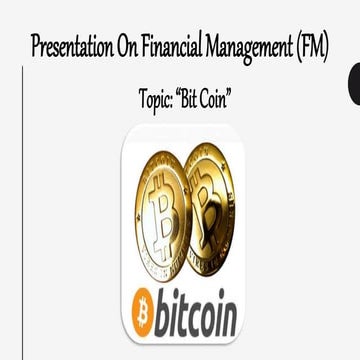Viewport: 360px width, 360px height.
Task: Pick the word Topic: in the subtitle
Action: click(159, 100)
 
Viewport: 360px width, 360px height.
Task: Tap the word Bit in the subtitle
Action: click(196, 100)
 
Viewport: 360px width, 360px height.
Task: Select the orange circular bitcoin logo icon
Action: click(142, 313)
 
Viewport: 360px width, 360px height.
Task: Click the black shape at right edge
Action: click(354, 85)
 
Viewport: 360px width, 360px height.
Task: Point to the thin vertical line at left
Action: click(23, 200)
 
